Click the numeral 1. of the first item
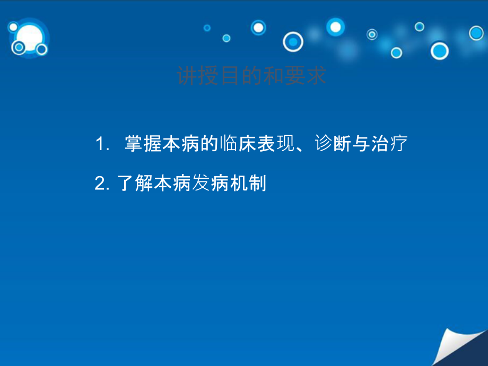[102, 144]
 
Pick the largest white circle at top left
[29, 37]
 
